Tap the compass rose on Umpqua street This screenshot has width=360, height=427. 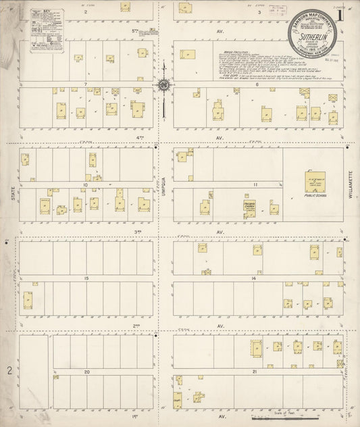click(x=163, y=85)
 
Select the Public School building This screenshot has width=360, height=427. click(x=314, y=182)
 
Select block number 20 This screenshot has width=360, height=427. click(x=86, y=372)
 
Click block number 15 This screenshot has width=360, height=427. click(x=86, y=278)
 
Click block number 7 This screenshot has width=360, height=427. click(x=86, y=84)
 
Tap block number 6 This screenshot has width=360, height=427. click(x=257, y=84)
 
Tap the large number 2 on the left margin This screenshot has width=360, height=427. click(x=9, y=370)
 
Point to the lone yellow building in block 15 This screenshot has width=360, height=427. click(x=28, y=299)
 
